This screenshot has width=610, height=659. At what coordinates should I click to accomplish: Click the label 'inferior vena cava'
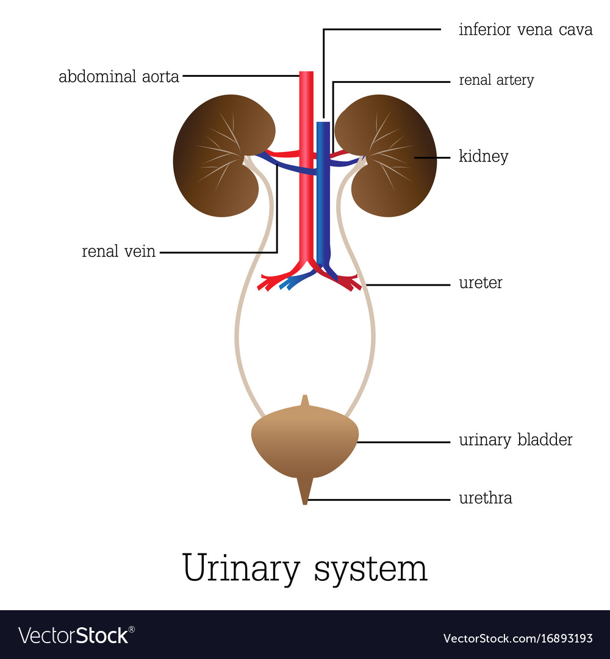(x=525, y=29)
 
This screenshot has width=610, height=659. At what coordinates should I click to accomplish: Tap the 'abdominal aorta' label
(x=119, y=77)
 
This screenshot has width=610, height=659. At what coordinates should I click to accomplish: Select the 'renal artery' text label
(x=496, y=80)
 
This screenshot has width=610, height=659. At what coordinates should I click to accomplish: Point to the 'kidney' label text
(x=483, y=157)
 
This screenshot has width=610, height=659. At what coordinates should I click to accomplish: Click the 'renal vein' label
(x=119, y=251)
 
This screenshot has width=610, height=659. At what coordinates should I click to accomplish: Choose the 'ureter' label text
(x=480, y=284)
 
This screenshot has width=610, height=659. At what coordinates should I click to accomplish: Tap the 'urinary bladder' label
(x=515, y=440)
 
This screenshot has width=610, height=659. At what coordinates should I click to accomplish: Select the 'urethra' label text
(x=485, y=499)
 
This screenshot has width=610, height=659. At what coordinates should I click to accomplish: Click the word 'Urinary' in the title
(x=241, y=569)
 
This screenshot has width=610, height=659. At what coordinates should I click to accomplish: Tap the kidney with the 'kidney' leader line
(x=390, y=156)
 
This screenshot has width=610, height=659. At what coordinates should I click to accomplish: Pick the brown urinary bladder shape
(x=304, y=442)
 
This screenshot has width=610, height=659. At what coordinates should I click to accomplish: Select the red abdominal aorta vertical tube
(x=306, y=183)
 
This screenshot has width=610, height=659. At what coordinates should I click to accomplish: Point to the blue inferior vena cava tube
(x=323, y=195)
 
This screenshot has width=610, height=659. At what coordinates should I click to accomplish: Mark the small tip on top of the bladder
(x=305, y=402)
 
